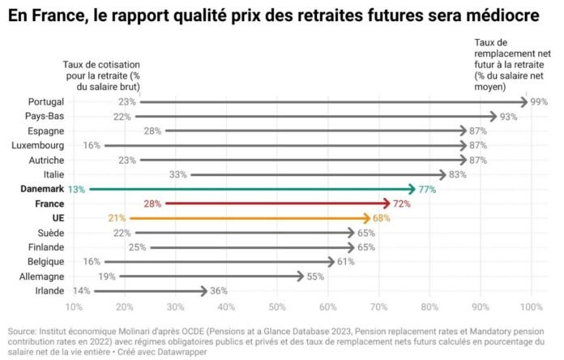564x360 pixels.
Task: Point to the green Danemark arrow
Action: click(251, 189)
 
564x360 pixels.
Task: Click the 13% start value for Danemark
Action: click(77, 189)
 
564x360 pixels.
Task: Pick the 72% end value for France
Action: click(402, 204)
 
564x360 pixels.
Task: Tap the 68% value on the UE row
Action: click(382, 218)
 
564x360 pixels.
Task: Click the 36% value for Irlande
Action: click(219, 290)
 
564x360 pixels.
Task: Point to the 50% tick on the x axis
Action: click(277, 306)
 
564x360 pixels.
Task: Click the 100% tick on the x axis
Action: click(532, 306)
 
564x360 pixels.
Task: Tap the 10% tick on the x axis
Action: click(74, 306)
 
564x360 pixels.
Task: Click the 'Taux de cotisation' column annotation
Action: click(102, 75)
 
